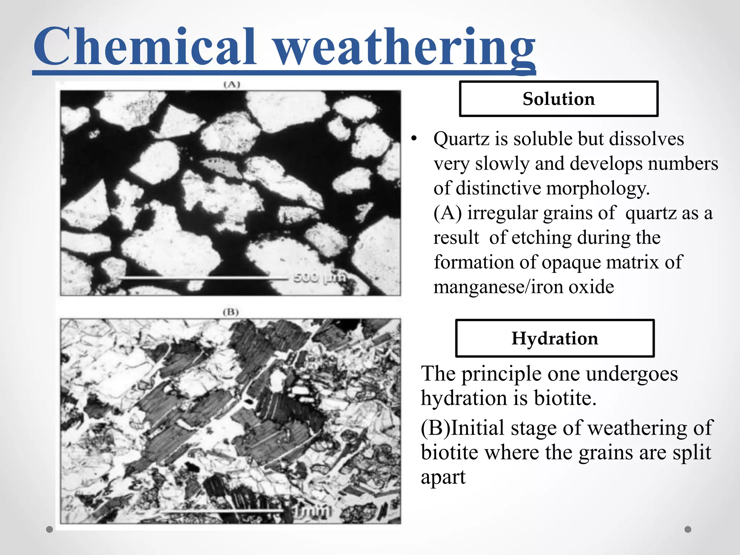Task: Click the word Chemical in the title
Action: pyautogui.click(x=145, y=47)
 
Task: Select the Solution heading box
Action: pyautogui.click(x=558, y=99)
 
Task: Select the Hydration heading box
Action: pyautogui.click(x=555, y=338)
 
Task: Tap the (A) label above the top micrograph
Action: pyautogui.click(x=232, y=85)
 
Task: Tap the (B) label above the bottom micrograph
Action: pyautogui.click(x=231, y=312)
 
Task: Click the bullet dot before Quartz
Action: pyautogui.click(x=414, y=139)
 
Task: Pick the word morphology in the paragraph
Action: pyautogui.click(x=598, y=189)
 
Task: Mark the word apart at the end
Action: pyautogui.click(x=443, y=477)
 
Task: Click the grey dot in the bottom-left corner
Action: pyautogui.click(x=50, y=529)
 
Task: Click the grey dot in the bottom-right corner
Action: pyautogui.click(x=688, y=529)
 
